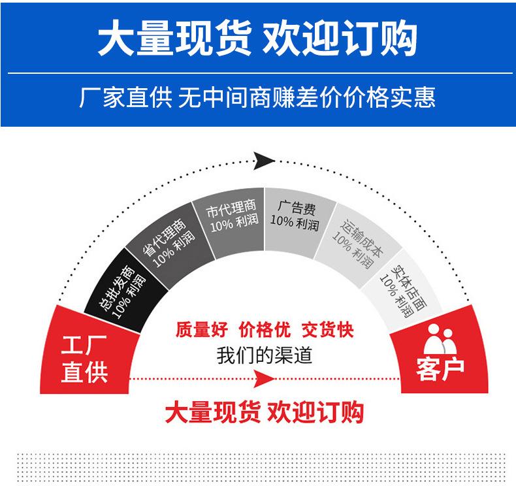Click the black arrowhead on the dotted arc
coord(262,159)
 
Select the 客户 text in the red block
coord(440,368)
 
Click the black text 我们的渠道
coord(265,356)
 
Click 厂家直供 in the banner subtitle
coord(125,98)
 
